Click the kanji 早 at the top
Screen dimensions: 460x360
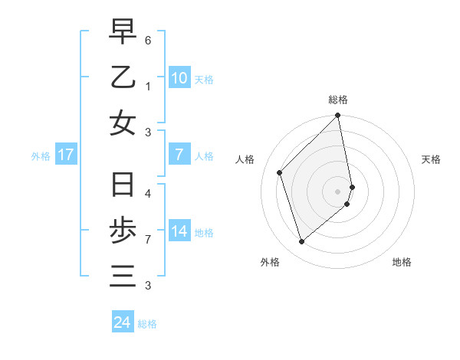coord(123,32)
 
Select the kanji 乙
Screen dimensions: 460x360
coord(123,77)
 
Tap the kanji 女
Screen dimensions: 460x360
coord(123,123)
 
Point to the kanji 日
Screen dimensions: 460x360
coord(123,186)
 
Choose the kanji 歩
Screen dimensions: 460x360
coord(123,231)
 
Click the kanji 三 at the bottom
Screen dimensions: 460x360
coord(123,276)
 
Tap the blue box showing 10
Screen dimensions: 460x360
coord(179,77)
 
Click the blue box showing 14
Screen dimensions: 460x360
coord(179,231)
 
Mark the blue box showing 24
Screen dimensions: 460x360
coord(122,322)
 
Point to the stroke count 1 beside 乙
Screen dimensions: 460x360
coord(148,87)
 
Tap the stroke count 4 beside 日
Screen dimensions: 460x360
coord(148,194)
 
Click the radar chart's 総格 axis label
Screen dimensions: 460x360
coord(338,100)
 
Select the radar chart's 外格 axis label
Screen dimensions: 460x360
coord(270,262)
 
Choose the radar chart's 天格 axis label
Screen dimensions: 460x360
coord(432,159)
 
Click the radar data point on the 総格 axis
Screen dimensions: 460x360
coord(338,116)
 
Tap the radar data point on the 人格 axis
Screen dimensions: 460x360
coord(280,172)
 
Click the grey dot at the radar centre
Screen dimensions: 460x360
coord(338,191)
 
